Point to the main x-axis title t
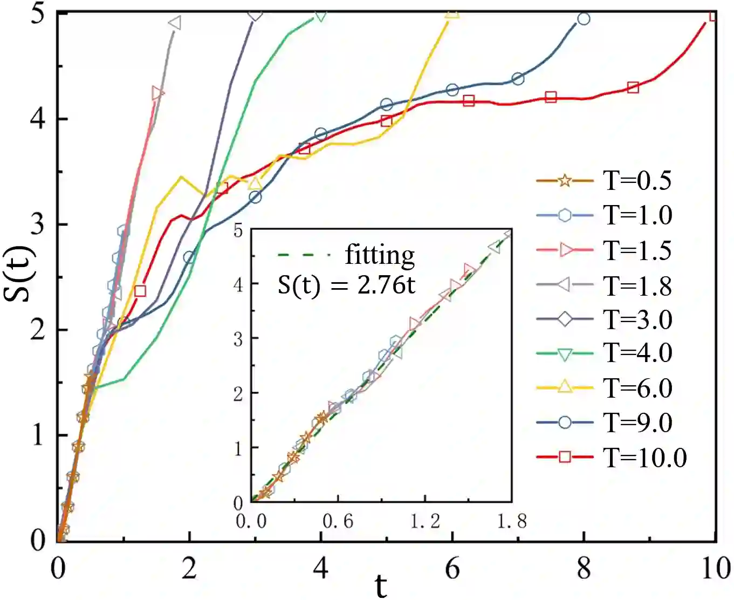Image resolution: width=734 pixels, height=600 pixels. point(381,585)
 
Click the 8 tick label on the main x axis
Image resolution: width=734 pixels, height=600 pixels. point(584,569)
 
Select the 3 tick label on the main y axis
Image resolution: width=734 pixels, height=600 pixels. point(37,224)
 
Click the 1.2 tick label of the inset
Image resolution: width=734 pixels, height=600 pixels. point(425,521)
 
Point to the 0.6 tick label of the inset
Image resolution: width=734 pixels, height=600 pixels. point(338,521)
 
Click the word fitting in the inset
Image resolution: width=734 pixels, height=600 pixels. point(380,255)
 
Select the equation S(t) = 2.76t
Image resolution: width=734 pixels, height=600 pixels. point(346,284)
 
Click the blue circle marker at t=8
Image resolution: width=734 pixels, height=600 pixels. point(584,19)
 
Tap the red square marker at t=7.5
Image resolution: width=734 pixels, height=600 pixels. point(551,97)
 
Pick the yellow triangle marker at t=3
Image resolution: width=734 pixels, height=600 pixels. point(255,183)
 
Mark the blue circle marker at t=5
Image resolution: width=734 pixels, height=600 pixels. point(386,105)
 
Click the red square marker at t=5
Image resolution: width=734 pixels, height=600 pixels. point(386,121)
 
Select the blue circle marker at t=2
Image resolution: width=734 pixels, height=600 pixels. point(189,257)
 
